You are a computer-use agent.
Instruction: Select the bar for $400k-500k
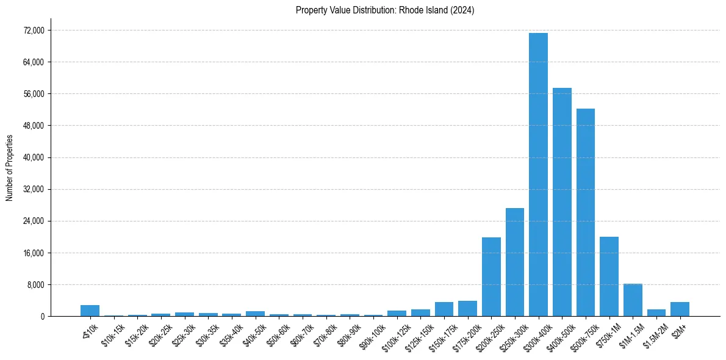tap(562, 202)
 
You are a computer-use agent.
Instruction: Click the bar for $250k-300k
tap(515, 262)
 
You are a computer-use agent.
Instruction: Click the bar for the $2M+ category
tap(680, 309)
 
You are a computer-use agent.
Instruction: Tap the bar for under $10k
tap(90, 311)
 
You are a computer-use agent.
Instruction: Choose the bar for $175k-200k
tap(467, 308)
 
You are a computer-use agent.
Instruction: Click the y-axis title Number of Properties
tap(9, 167)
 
